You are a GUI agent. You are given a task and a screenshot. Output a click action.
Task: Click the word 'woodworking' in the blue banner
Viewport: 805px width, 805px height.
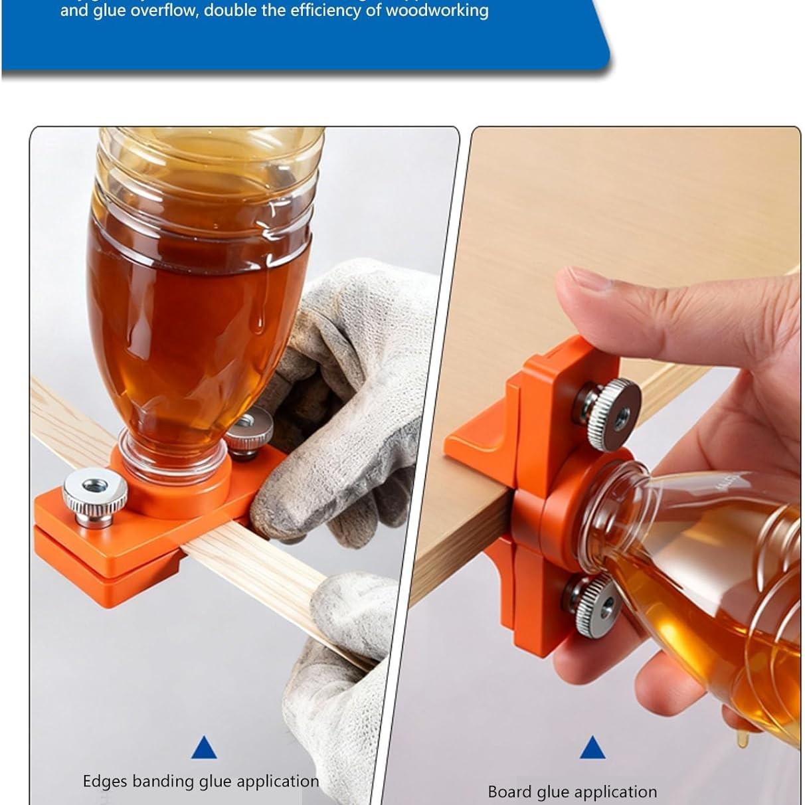pyautogui.click(x=437, y=11)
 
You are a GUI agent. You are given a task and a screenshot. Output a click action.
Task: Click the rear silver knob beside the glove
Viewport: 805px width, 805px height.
pyautogui.click(x=249, y=430)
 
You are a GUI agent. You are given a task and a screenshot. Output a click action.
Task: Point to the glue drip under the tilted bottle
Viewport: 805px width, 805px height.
pyautogui.click(x=743, y=739)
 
